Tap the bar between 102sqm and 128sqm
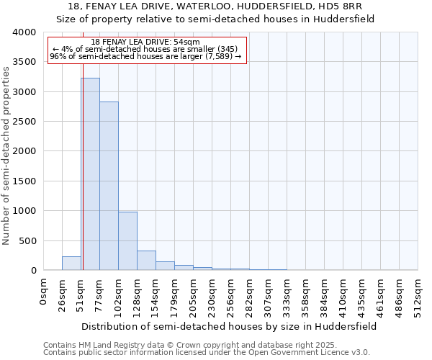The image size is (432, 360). click(127, 241)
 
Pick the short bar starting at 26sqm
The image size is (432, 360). click(71, 264)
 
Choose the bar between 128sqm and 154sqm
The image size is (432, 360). click(146, 261)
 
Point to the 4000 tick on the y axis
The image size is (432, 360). click(24, 33)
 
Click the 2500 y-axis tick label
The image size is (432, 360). click(24, 122)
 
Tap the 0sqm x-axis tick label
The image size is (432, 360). click(44, 292)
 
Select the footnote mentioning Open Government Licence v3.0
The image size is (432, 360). click(207, 353)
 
